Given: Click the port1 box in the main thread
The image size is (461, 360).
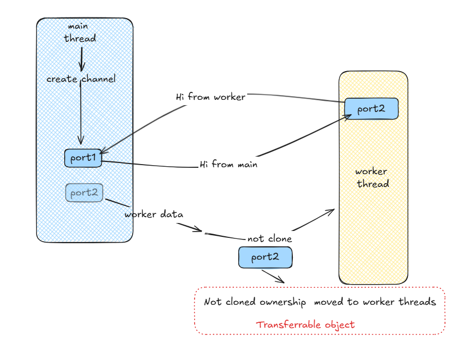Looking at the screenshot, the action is [x=83, y=158].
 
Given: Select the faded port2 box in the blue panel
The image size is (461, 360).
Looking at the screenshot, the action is [x=84, y=193].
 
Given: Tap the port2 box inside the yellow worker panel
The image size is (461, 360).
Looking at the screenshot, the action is [x=371, y=109].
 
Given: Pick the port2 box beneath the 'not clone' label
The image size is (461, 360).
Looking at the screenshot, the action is [x=265, y=258].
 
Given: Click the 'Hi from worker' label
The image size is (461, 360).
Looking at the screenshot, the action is [x=211, y=97].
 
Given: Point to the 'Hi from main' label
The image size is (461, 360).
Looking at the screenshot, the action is [x=229, y=164].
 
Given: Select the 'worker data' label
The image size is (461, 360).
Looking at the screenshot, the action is [x=154, y=215].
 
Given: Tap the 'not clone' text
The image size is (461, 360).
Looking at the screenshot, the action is [x=269, y=238].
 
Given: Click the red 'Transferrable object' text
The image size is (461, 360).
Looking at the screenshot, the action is [x=306, y=324].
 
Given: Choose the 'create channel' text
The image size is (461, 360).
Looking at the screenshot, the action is [x=81, y=79].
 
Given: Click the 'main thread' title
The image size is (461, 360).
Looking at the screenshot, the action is [x=80, y=32].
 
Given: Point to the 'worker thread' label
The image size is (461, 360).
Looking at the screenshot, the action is [x=372, y=177].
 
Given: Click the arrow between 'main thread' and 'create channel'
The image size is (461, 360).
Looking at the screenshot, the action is [x=82, y=59].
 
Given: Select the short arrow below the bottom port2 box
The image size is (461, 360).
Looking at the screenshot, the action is [x=273, y=277].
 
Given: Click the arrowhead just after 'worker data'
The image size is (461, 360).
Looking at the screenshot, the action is [x=198, y=229].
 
